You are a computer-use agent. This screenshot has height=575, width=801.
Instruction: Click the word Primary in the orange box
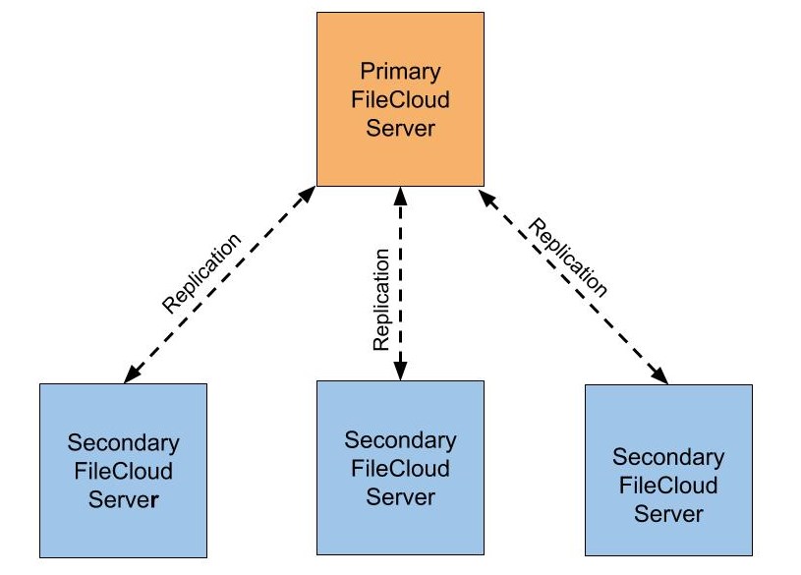point(400,72)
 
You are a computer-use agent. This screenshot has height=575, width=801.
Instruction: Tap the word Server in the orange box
point(400,128)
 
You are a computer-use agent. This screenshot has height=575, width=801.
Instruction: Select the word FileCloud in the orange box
point(400,100)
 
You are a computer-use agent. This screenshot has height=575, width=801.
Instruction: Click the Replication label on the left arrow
point(200,273)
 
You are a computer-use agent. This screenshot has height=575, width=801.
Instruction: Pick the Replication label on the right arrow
point(568,258)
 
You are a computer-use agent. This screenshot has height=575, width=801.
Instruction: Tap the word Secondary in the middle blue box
point(400,439)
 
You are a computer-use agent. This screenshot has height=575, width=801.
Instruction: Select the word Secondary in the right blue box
point(668,457)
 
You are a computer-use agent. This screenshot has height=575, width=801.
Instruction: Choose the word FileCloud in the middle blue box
point(400,468)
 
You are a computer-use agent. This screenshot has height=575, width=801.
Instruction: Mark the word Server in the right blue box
point(668,513)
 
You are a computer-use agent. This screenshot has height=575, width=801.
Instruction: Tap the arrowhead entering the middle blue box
point(400,371)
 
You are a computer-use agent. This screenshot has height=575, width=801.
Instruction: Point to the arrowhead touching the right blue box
point(661,375)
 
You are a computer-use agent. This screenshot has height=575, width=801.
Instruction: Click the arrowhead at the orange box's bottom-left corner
point(307,194)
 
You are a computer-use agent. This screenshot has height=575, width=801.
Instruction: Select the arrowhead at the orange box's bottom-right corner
point(487,198)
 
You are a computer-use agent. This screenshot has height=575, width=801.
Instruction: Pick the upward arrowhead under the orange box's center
point(400,195)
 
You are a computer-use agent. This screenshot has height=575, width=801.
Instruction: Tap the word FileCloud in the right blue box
point(668,486)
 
